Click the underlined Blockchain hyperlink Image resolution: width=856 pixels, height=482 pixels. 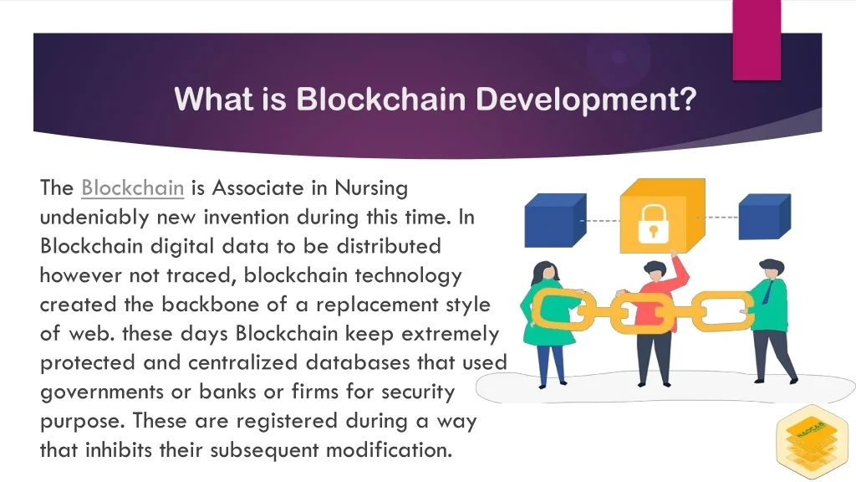[x=133, y=188]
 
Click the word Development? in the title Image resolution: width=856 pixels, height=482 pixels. [x=586, y=99]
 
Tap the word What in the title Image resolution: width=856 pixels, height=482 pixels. [x=214, y=99]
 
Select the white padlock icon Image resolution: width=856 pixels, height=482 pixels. [x=653, y=223]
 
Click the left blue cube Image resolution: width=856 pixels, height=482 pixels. [x=555, y=220]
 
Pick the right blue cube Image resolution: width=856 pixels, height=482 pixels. [x=764, y=217]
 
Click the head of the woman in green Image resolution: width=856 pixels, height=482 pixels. [x=546, y=274]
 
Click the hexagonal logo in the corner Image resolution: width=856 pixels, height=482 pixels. [x=812, y=442]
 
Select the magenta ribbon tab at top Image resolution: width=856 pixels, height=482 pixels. [x=757, y=40]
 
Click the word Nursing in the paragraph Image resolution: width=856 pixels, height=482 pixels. [x=371, y=188]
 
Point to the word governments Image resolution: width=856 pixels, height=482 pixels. [x=102, y=392]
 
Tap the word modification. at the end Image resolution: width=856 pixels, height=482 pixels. [x=390, y=450]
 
